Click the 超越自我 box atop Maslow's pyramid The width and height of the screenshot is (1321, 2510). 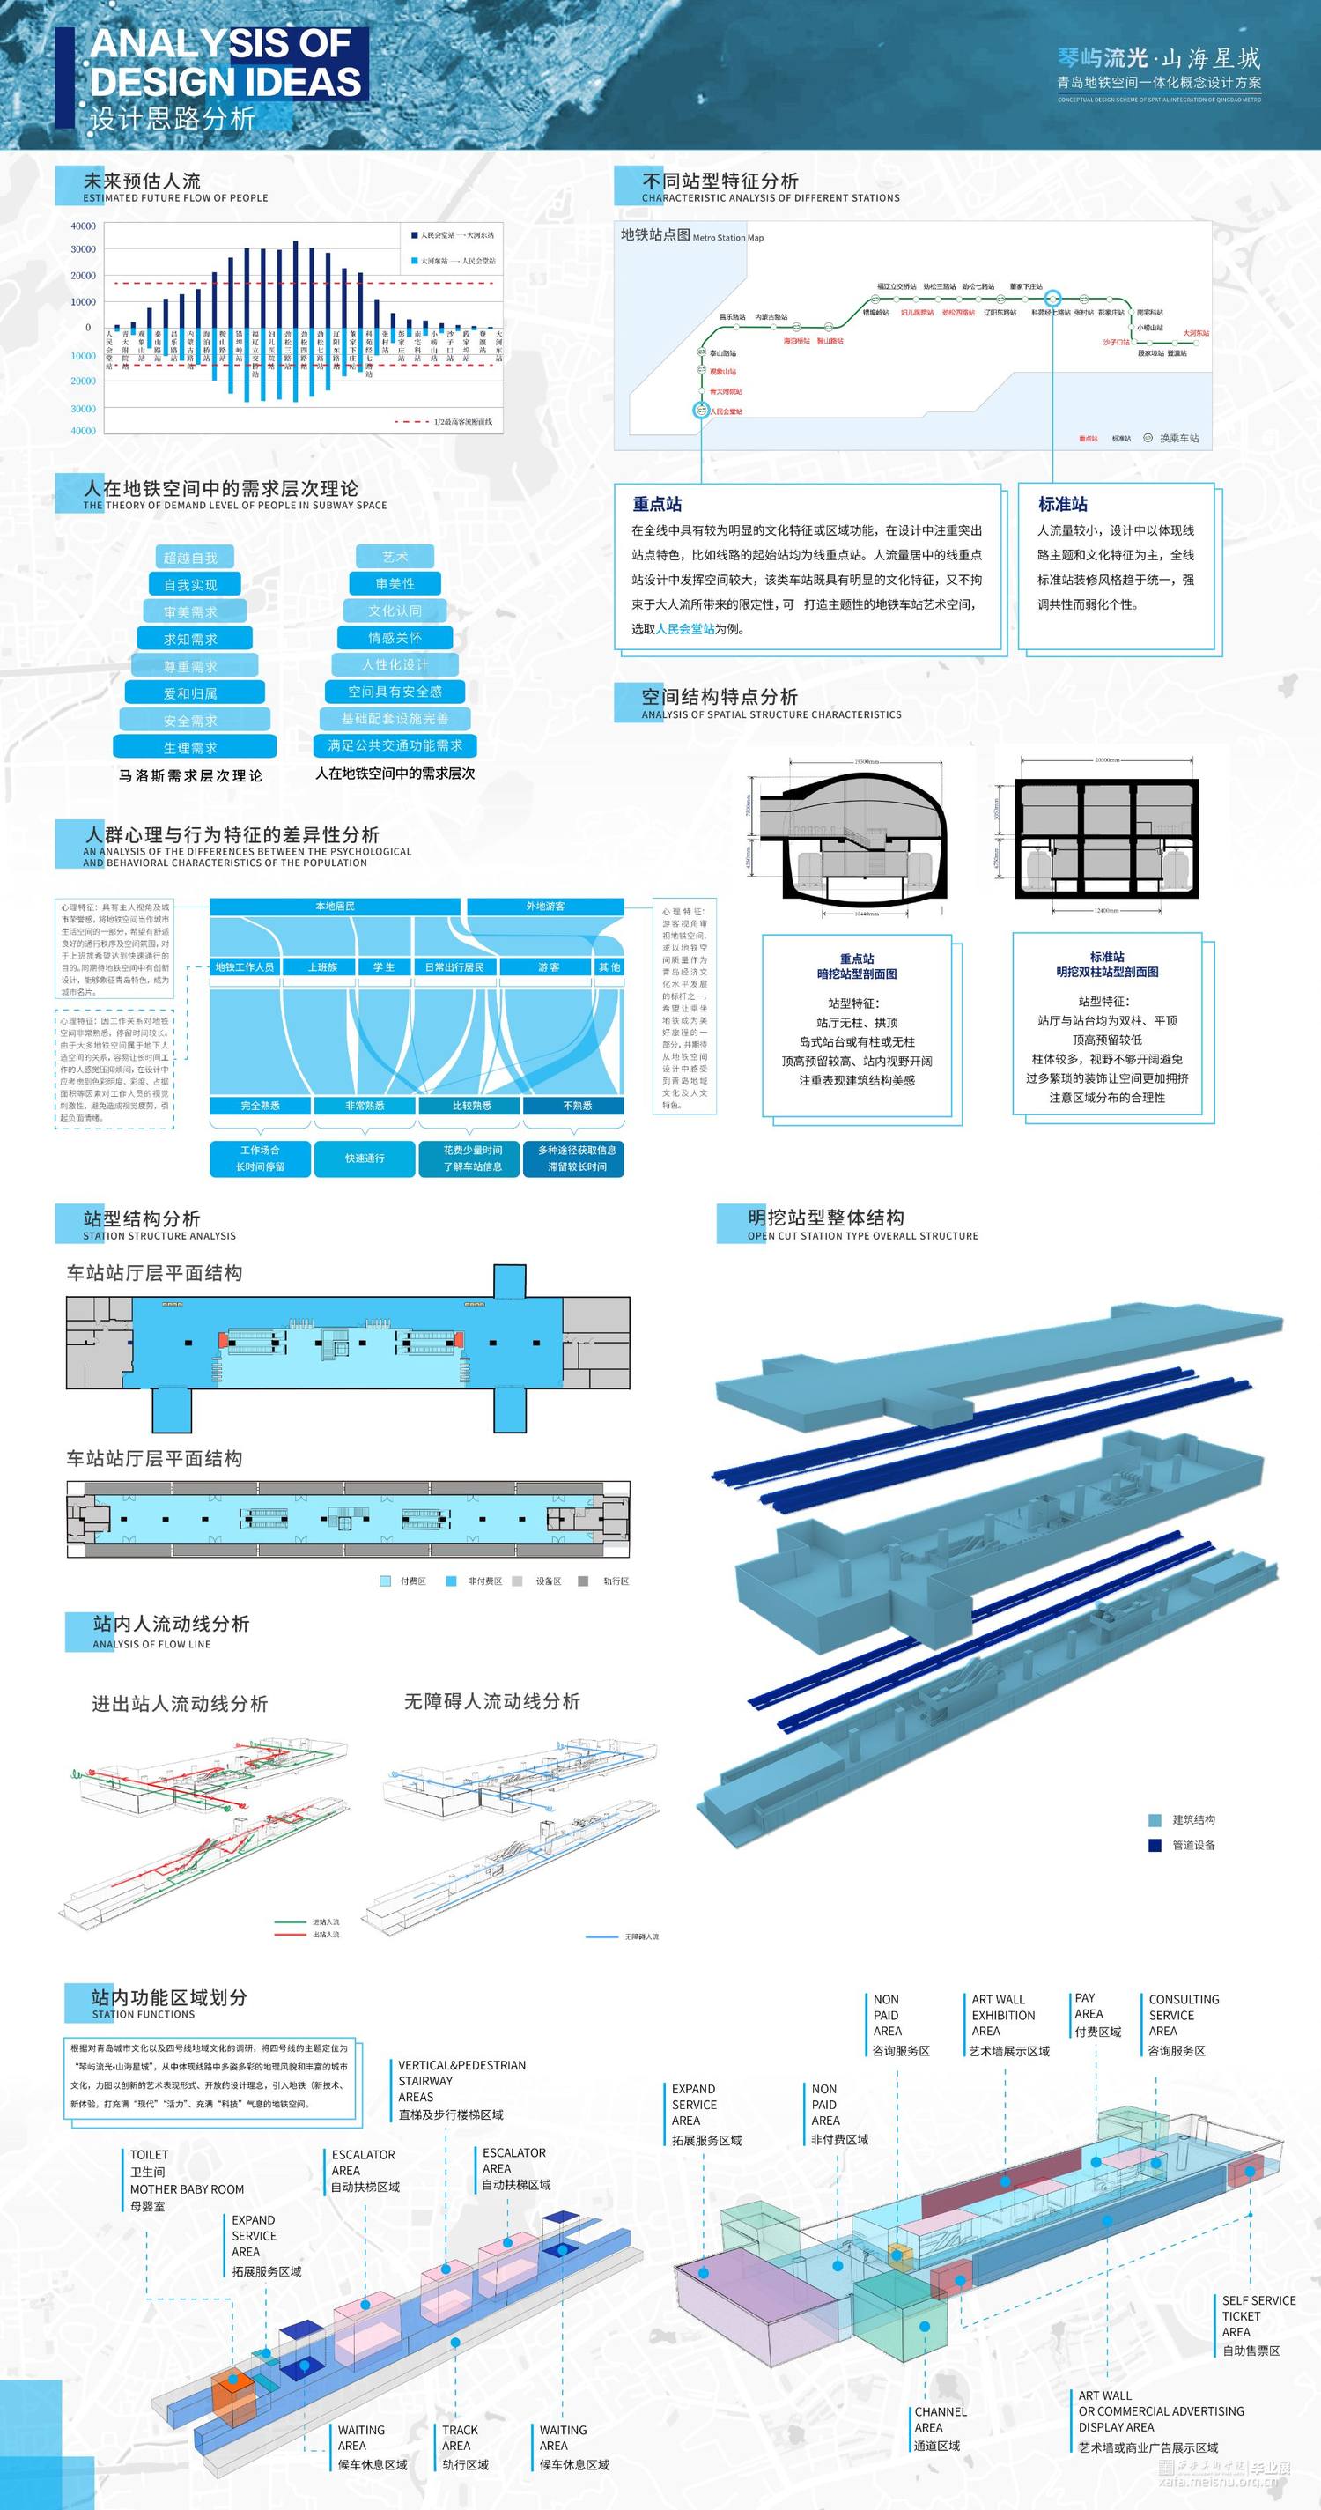pyautogui.click(x=191, y=558)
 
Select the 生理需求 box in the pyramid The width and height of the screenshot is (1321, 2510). pyautogui.click(x=191, y=747)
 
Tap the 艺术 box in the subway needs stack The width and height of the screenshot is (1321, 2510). pyautogui.click(x=395, y=557)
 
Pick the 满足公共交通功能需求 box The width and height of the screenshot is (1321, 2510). pyautogui.click(x=395, y=745)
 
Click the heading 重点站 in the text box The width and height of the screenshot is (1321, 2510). pyautogui.click(x=658, y=504)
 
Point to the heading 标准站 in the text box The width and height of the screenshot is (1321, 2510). pyautogui.click(x=1063, y=504)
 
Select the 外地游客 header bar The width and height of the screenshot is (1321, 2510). pyautogui.click(x=544, y=907)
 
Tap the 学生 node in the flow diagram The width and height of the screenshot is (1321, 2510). pyautogui.click(x=384, y=966)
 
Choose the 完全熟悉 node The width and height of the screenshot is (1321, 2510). pyautogui.click(x=260, y=1106)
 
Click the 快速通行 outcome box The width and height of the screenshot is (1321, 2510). pyautogui.click(x=365, y=1159)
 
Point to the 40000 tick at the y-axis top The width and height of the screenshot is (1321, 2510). pyautogui.click(x=83, y=226)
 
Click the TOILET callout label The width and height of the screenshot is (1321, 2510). pyautogui.click(x=149, y=2154)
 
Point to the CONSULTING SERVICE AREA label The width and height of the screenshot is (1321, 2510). pyautogui.click(x=1183, y=2015)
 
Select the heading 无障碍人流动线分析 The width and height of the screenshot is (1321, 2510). pyautogui.click(x=492, y=1701)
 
